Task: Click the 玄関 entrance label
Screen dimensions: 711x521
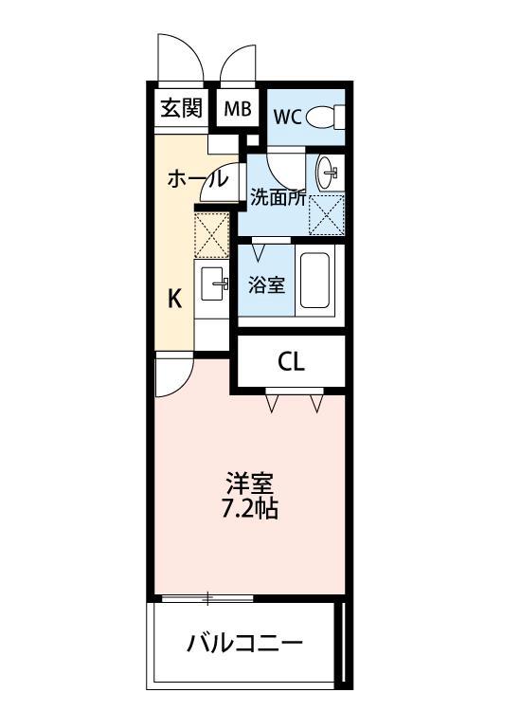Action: click(x=181, y=108)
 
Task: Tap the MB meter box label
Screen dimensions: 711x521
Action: click(x=238, y=109)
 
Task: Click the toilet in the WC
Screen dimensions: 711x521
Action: click(x=325, y=117)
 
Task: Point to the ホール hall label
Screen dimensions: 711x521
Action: click(x=197, y=178)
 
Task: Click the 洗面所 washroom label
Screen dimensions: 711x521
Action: click(x=278, y=197)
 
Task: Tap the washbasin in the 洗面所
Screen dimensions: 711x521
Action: click(x=328, y=172)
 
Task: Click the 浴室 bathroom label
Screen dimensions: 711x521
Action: click(x=267, y=283)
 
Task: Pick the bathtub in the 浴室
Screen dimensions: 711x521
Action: click(x=314, y=283)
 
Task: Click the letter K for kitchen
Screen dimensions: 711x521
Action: click(x=175, y=300)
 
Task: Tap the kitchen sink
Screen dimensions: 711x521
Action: click(x=213, y=283)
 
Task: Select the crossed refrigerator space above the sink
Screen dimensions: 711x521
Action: click(x=212, y=235)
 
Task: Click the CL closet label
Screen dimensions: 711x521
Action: click(x=291, y=362)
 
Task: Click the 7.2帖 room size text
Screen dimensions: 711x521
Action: click(x=250, y=509)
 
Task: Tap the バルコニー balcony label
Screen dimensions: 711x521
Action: click(x=245, y=645)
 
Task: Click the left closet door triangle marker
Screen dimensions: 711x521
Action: click(x=273, y=404)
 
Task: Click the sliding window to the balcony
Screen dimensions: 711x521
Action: click(x=206, y=598)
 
